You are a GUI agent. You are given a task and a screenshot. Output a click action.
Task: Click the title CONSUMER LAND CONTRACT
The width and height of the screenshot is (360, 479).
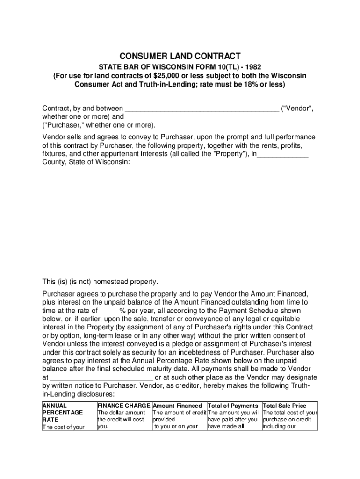click(180, 56)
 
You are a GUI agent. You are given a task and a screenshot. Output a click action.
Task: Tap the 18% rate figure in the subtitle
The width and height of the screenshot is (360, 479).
click(244, 85)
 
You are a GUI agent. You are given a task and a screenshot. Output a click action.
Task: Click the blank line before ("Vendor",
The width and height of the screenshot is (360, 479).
click(202, 109)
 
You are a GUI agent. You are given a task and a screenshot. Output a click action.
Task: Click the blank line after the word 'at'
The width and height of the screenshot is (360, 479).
click(101, 378)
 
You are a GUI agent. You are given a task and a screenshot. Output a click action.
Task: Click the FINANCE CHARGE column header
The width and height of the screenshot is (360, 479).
click(123, 406)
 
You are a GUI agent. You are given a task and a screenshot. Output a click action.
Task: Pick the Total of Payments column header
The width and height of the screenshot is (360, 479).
click(233, 406)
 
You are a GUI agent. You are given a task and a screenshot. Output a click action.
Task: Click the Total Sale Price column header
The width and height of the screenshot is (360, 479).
click(285, 406)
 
